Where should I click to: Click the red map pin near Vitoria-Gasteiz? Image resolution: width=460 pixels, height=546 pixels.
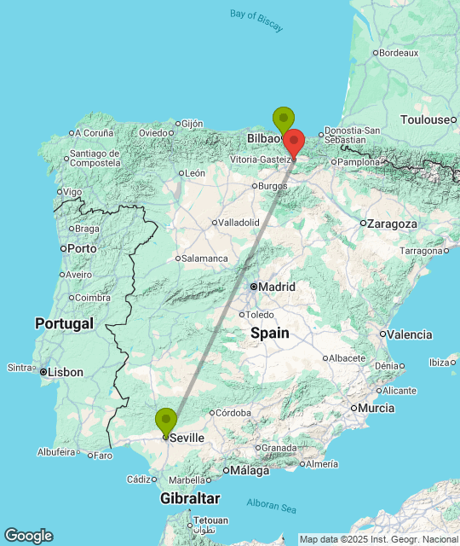(294, 142)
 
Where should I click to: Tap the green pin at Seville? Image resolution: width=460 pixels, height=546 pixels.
(166, 422)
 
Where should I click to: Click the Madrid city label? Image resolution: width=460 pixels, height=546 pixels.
(278, 287)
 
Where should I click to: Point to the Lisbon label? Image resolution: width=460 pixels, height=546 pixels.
(66, 372)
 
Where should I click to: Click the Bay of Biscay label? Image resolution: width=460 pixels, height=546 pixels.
(256, 20)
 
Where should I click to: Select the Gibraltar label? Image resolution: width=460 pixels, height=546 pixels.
(190, 498)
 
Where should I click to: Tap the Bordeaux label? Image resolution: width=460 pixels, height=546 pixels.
(399, 53)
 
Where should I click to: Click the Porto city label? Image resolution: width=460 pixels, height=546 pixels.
(82, 248)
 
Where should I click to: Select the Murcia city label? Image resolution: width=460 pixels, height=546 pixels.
(377, 408)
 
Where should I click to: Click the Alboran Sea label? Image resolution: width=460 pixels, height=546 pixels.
(272, 503)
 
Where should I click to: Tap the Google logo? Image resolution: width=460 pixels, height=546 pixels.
(28, 536)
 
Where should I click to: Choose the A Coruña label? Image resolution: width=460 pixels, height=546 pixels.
(94, 133)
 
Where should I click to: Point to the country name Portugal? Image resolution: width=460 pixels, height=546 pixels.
(64, 323)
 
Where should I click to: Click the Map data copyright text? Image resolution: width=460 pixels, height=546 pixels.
(378, 538)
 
